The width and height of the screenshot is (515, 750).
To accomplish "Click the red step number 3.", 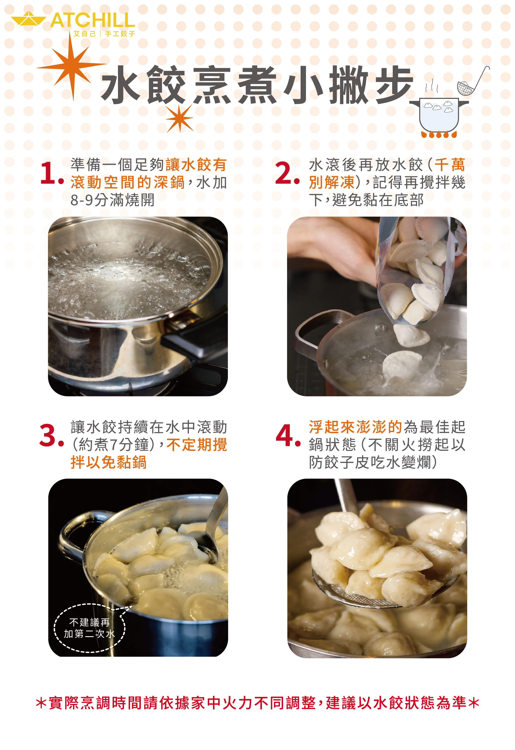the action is [51, 436].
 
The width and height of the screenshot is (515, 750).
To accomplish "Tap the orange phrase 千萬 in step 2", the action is [449, 165].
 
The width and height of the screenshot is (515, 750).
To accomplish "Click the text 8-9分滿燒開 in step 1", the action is [113, 200].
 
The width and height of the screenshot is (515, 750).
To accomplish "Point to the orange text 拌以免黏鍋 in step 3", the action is [109, 462].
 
